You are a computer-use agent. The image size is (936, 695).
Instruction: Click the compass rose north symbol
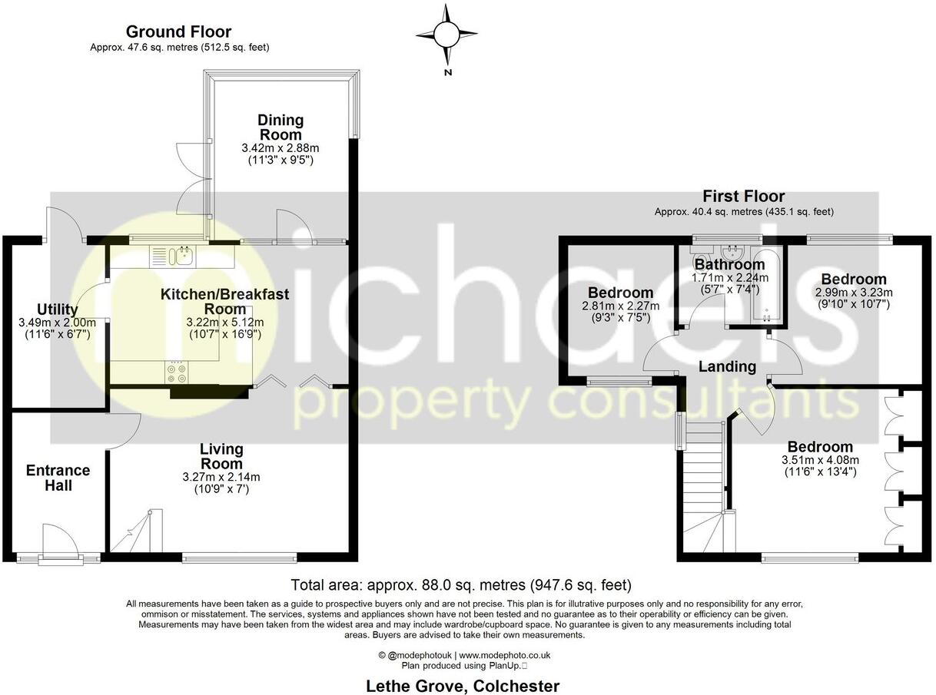446,34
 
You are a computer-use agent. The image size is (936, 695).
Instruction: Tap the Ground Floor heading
178,31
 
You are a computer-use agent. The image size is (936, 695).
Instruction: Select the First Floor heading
743,197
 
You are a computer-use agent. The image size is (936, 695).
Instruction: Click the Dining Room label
280,127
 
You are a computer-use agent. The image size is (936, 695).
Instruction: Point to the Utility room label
57,310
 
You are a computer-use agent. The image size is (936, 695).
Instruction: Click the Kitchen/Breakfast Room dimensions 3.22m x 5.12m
224,322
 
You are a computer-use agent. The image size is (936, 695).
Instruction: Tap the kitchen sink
184,255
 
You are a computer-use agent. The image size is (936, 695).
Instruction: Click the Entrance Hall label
58,478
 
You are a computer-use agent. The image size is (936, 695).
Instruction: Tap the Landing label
727,367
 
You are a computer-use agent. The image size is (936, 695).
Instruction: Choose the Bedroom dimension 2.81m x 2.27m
620,306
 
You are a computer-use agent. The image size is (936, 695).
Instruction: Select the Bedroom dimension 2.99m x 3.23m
853,292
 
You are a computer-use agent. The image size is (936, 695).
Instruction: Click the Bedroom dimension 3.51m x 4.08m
818,460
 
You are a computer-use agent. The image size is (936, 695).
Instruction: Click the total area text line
461,585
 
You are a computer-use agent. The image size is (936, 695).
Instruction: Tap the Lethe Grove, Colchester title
461,686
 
